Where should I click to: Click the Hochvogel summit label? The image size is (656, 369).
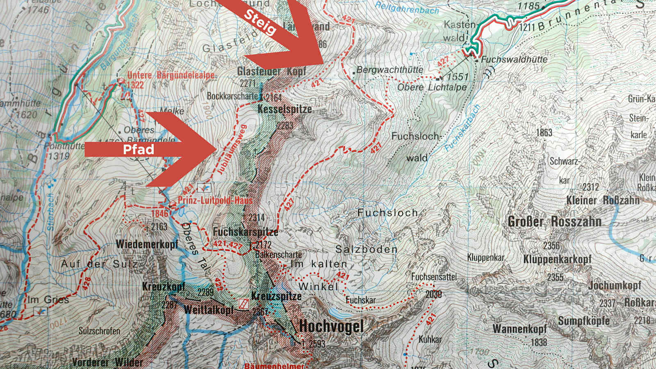[x=331, y=327]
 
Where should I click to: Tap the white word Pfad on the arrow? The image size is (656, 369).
[x=139, y=149]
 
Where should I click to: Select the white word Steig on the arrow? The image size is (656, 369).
[x=260, y=22]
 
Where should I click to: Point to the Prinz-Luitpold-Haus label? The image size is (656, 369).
[x=215, y=200]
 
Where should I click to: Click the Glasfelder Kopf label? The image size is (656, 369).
[x=271, y=71]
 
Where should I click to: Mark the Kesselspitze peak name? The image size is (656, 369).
[x=285, y=109]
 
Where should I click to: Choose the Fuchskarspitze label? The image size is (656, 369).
[x=245, y=232]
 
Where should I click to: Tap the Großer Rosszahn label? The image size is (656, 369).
[x=554, y=222]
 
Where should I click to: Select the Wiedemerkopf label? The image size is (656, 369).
[x=147, y=244]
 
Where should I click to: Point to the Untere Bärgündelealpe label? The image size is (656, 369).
[x=171, y=75]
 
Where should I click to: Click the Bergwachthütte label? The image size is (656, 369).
[x=389, y=70]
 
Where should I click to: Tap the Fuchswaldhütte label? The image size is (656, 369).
[x=514, y=59]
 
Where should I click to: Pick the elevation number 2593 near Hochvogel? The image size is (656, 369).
[x=317, y=344]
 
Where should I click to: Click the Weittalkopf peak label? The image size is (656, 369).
[x=209, y=310]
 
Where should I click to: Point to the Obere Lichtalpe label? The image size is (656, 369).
[x=432, y=87]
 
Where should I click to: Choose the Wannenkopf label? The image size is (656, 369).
[x=519, y=329]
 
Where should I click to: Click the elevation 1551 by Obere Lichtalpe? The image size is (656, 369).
[x=457, y=77]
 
